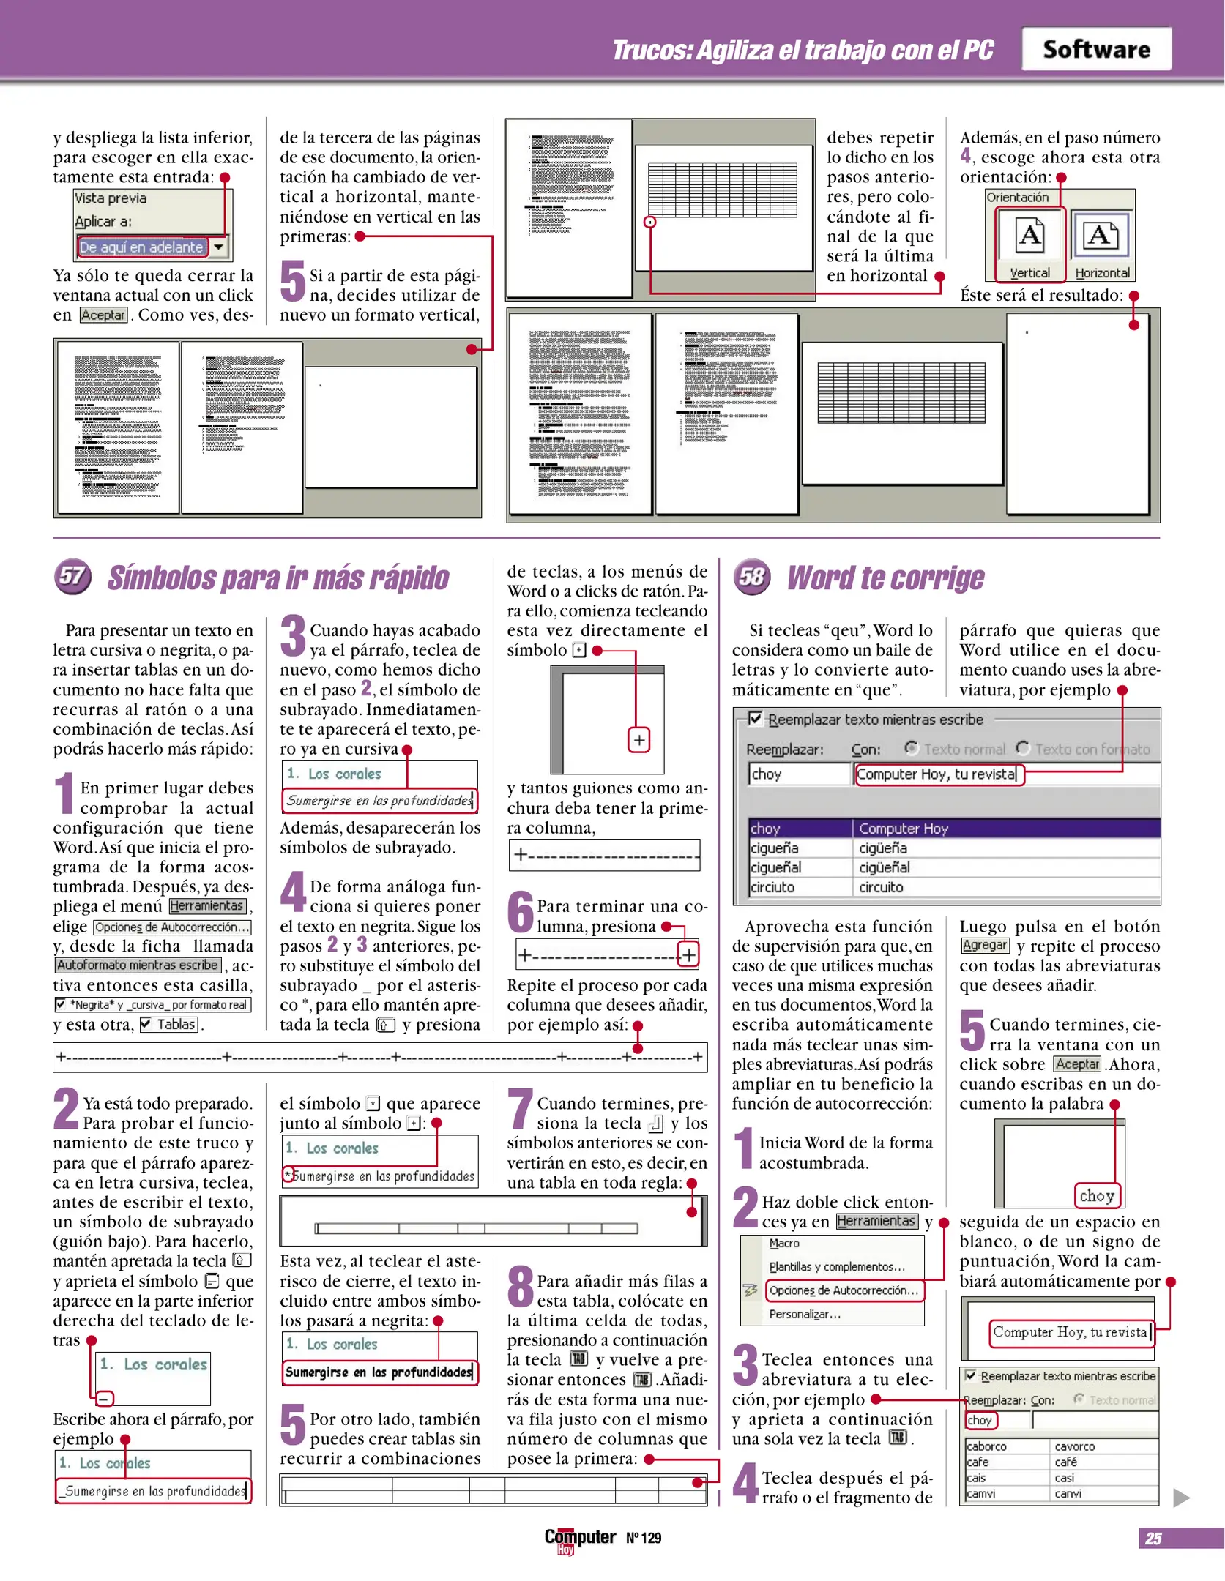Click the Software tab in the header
point(1095,49)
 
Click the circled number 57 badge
point(72,577)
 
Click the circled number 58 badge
point(752,577)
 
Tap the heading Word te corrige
point(885,578)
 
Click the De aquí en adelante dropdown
point(152,247)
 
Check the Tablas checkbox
point(146,1024)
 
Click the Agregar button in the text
point(984,945)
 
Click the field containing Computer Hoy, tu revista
point(937,774)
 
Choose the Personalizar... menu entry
point(805,1314)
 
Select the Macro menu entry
point(784,1243)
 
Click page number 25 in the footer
point(1153,1539)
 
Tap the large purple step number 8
point(521,1287)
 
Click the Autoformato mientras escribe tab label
point(138,965)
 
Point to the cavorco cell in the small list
point(1074,1446)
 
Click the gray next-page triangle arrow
point(1180,1498)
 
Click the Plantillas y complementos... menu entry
point(836,1266)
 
